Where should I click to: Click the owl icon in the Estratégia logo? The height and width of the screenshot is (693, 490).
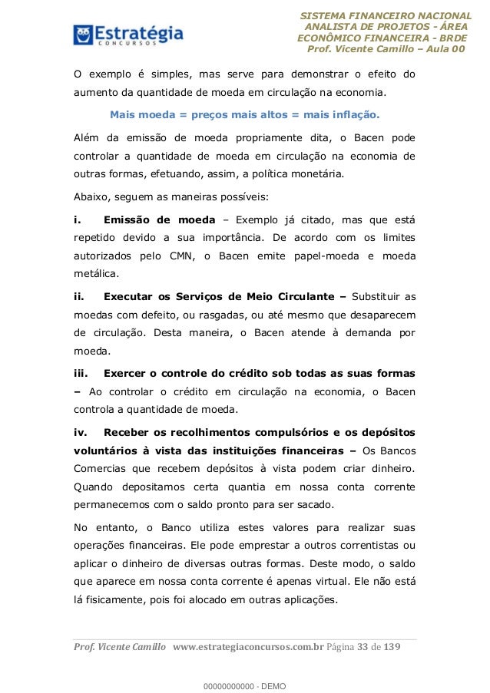(83, 35)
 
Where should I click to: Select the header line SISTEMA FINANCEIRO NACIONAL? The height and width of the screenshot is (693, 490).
(386, 15)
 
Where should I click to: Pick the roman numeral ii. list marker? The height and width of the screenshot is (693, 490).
(78, 296)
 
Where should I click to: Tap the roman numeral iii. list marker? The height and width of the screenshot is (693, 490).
(81, 374)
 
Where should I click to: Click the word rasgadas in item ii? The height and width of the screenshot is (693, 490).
(215, 315)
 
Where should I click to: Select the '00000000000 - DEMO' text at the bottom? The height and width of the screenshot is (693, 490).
(244, 683)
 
